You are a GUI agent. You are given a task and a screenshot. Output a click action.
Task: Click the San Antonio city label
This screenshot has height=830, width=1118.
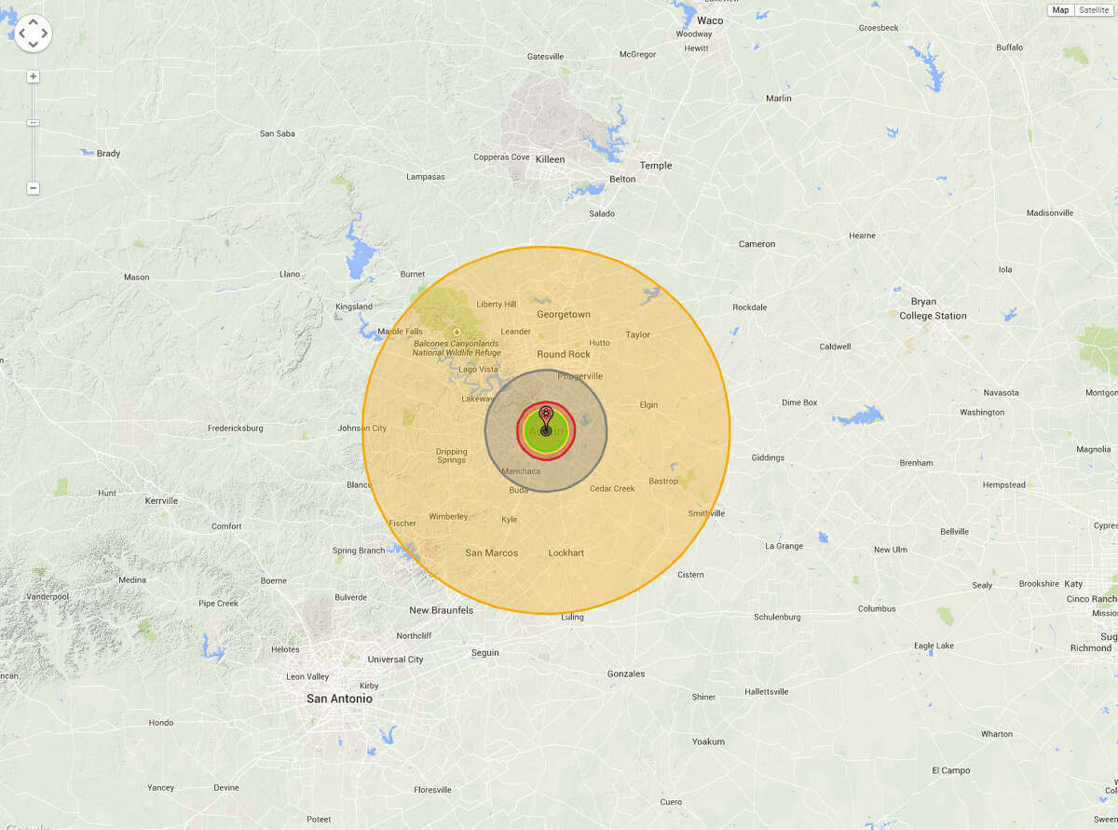[339, 699]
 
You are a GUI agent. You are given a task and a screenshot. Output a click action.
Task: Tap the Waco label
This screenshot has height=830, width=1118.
[710, 20]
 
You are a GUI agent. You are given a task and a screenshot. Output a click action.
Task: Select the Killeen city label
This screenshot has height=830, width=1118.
[550, 159]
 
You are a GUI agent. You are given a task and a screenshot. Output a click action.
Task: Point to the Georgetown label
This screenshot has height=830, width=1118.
[564, 315]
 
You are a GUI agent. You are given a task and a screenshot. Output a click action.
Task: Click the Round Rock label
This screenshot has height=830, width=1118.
[564, 354]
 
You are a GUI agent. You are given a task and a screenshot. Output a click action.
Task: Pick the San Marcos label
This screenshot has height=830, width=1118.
[491, 553]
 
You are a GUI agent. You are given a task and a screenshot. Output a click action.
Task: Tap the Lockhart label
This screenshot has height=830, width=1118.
[566, 553]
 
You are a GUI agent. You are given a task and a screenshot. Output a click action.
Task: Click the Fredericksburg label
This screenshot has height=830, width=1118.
[235, 429]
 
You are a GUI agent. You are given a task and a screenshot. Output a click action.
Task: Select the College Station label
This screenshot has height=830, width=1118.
[933, 316]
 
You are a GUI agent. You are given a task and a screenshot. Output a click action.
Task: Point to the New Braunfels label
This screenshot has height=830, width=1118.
[442, 611]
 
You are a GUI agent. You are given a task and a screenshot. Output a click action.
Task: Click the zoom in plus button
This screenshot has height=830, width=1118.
[34, 76]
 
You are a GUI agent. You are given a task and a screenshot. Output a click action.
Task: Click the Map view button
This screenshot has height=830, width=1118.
[1060, 10]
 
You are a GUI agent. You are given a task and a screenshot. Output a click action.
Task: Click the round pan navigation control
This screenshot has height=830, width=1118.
[34, 34]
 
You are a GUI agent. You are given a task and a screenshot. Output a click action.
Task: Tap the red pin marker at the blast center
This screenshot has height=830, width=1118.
[546, 414]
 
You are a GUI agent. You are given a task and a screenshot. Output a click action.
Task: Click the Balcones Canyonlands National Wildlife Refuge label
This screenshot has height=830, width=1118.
[456, 348]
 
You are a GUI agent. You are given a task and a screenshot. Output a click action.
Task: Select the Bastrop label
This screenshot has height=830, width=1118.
[663, 482]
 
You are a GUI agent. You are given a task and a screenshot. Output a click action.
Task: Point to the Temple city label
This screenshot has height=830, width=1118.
[656, 166]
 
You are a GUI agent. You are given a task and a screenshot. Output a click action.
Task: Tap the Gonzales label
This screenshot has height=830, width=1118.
[625, 674]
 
